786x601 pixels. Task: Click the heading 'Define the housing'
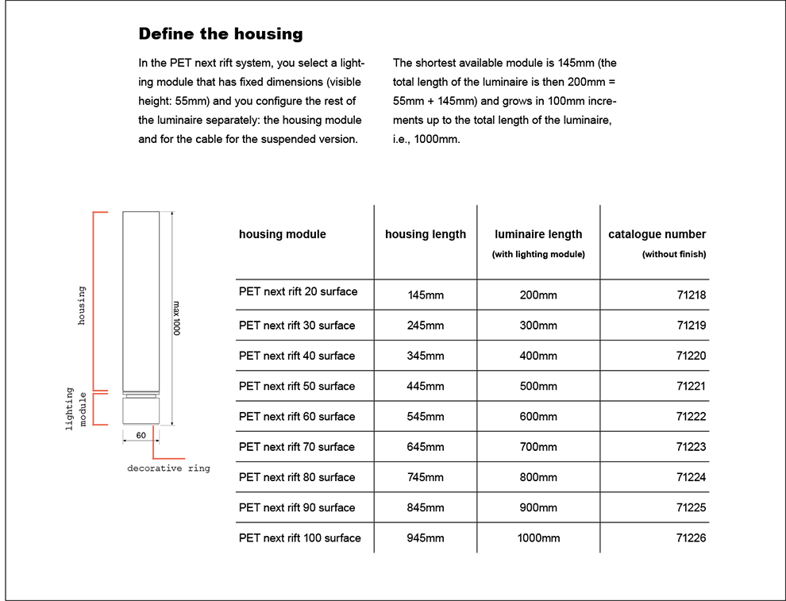click(x=221, y=34)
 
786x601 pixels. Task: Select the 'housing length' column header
click(x=426, y=234)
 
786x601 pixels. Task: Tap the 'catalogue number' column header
click(x=657, y=234)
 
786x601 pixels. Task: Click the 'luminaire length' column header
click(x=538, y=234)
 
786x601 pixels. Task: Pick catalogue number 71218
click(x=692, y=295)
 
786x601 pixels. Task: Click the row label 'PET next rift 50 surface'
click(x=297, y=387)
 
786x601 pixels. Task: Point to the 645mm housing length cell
click(x=426, y=447)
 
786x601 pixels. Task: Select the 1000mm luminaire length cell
click(x=538, y=538)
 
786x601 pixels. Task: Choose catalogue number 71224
click(x=692, y=478)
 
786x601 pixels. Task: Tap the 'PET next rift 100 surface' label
click(x=300, y=538)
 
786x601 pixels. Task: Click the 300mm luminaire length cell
click(x=538, y=326)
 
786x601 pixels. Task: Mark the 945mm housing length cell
click(x=426, y=538)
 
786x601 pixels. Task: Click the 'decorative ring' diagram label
click(x=168, y=468)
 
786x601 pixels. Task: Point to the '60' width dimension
click(x=141, y=436)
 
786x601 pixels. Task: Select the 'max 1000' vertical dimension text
click(x=176, y=318)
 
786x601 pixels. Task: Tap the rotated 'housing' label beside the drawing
click(x=82, y=306)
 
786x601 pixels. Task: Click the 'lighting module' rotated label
click(x=76, y=409)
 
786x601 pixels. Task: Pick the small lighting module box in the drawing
click(x=141, y=411)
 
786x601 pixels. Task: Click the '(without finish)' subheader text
click(x=674, y=255)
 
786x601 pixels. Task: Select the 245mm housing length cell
click(x=426, y=326)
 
